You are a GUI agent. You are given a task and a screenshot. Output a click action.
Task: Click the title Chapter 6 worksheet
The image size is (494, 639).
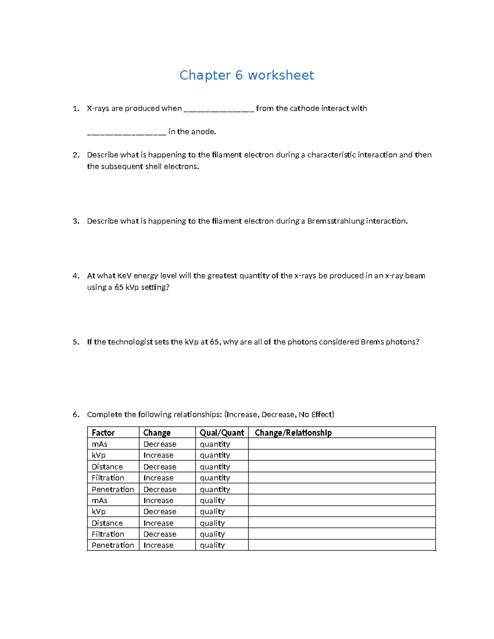tap(247, 75)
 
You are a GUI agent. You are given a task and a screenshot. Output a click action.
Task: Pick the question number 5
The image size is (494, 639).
tap(76, 342)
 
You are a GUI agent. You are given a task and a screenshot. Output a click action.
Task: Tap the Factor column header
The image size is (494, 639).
tap(103, 432)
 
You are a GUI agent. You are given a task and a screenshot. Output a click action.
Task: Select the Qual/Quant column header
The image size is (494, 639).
tap(222, 432)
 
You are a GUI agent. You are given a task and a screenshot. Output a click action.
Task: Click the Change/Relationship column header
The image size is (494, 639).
tap(293, 432)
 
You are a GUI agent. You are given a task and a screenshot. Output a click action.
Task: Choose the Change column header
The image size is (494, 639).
tap(157, 432)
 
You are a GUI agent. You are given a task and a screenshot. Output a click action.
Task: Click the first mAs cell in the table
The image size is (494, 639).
tap(100, 444)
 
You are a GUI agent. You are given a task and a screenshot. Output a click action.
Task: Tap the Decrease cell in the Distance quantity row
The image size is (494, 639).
tap(160, 467)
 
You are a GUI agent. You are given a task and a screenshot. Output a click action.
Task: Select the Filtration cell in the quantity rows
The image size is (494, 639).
tap(108, 478)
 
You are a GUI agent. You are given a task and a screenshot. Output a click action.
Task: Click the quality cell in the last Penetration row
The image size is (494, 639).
tap(212, 545)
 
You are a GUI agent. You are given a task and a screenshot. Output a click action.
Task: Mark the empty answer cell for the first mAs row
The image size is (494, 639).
tap(342, 444)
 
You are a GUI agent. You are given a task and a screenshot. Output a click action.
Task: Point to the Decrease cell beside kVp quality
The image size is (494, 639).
tap(160, 511)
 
